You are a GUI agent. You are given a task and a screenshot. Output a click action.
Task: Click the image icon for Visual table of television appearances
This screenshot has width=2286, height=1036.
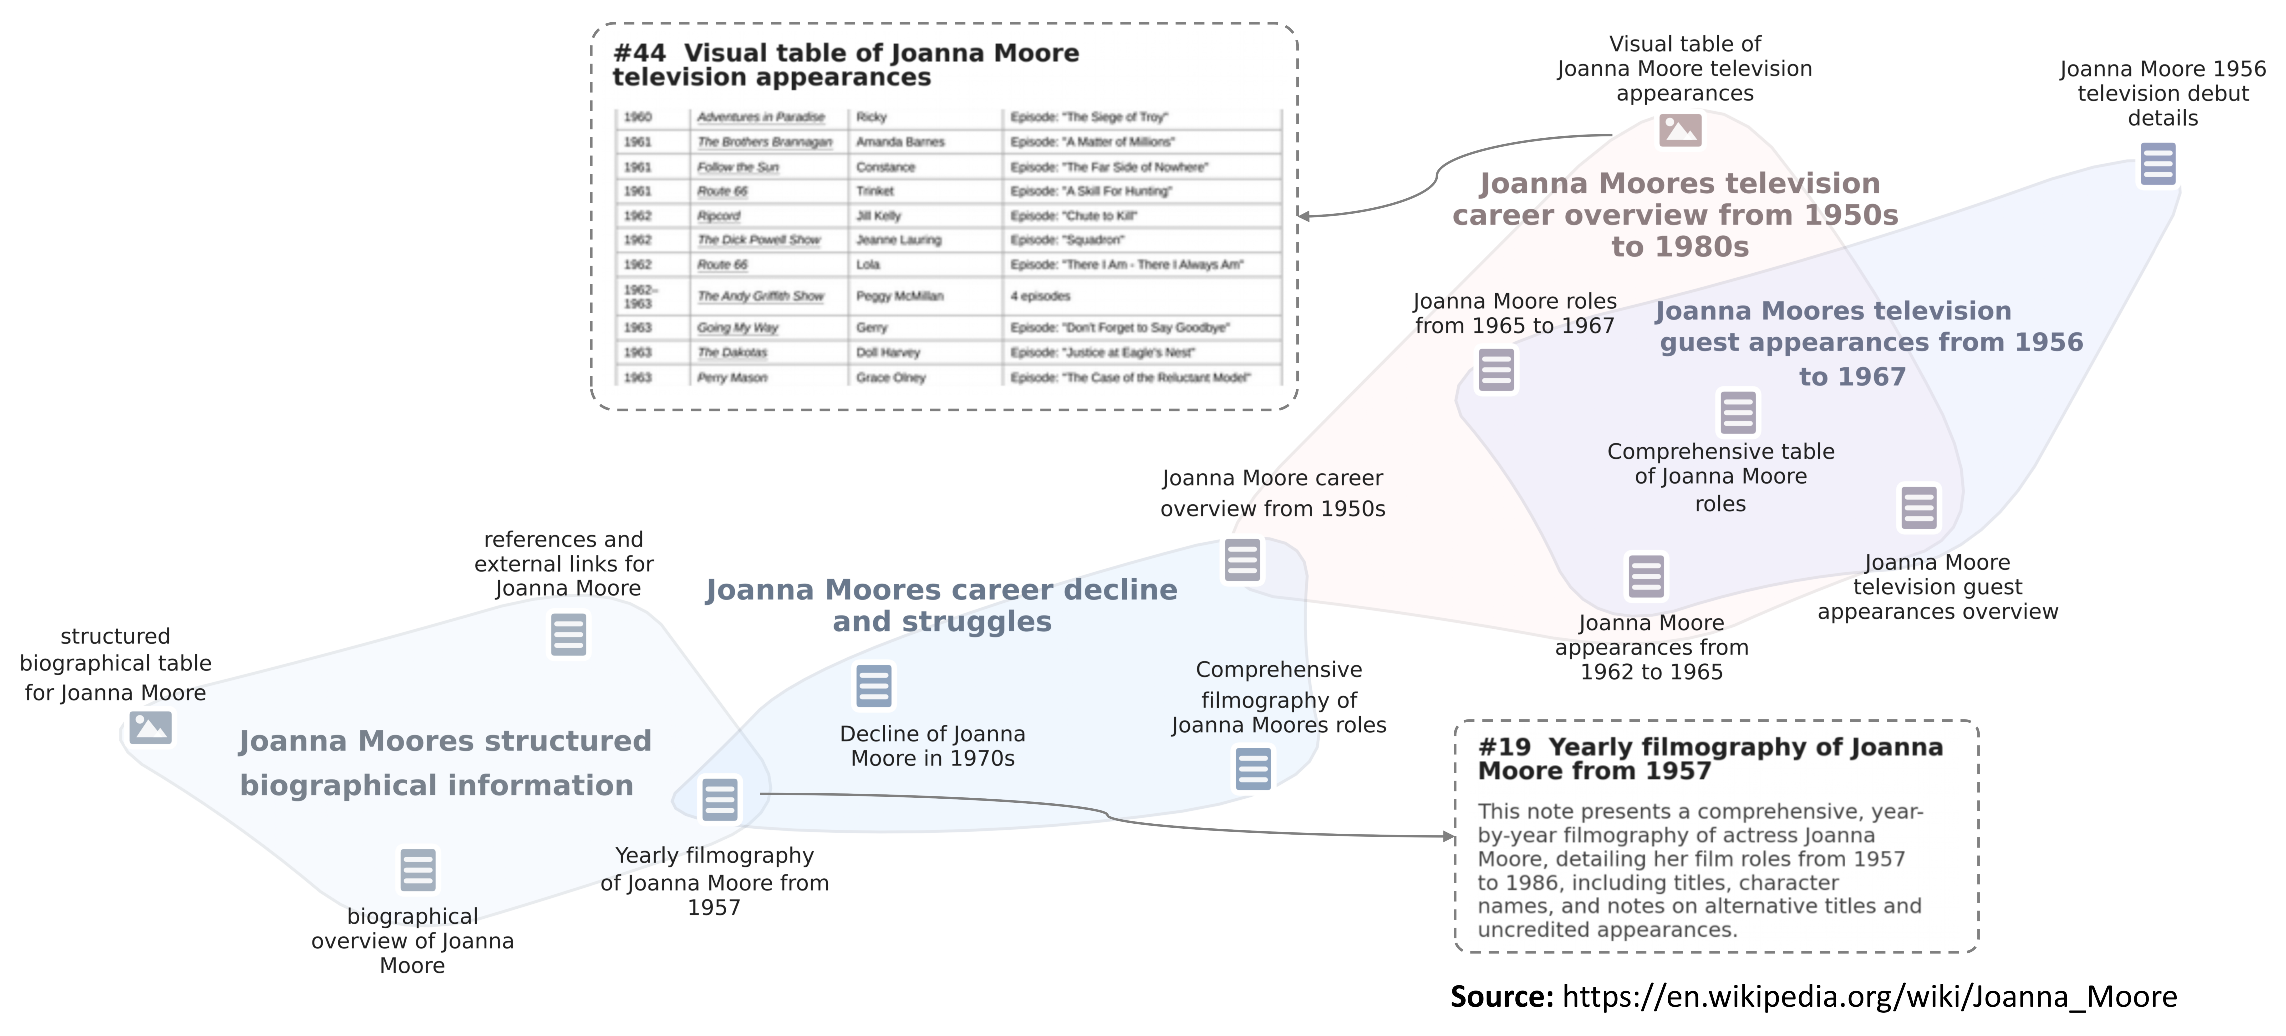tap(1680, 130)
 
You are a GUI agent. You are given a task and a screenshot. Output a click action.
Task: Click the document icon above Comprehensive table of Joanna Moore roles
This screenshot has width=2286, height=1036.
tap(1738, 411)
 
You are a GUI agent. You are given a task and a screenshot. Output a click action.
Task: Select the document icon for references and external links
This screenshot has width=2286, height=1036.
tap(568, 634)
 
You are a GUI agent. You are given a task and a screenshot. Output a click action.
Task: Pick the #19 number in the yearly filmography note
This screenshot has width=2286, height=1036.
tap(1503, 748)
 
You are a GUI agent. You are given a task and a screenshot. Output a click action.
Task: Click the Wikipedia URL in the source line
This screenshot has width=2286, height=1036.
tap(1869, 997)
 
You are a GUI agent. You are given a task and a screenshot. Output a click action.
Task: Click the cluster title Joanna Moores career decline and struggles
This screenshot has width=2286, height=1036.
tap(942, 605)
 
